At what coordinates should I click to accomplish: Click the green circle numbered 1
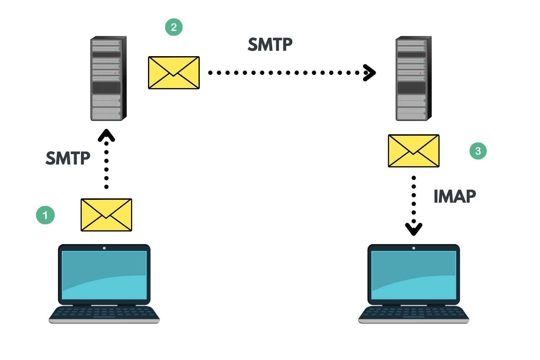tap(45, 215)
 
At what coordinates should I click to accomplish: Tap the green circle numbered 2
tap(174, 27)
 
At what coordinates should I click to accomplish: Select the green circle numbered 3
tap(478, 151)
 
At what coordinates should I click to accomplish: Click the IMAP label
tap(455, 197)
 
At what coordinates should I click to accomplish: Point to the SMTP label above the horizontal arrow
tap(270, 45)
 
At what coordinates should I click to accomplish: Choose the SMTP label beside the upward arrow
tap(68, 158)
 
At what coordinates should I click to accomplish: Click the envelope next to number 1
tap(106, 215)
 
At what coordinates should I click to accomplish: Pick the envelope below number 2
tap(174, 72)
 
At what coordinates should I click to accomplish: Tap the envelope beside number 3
tap(414, 151)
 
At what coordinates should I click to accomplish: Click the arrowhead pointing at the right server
tap(370, 73)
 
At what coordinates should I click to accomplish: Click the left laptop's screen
tap(104, 275)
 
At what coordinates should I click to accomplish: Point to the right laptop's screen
tap(414, 275)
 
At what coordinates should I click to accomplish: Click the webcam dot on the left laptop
tap(104, 248)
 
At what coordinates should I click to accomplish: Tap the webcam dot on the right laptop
tap(414, 248)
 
